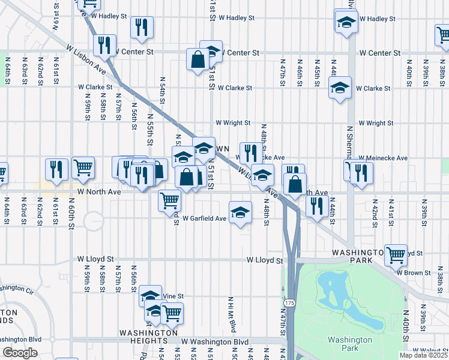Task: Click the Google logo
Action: [20, 353]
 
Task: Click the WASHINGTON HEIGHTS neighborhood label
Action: [148, 337]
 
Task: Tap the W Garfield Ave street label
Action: [205, 218]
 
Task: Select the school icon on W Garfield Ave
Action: [240, 212]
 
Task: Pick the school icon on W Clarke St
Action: [340, 89]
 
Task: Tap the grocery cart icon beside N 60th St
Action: [83, 168]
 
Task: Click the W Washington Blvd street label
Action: [215, 342]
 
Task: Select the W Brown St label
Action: [414, 272]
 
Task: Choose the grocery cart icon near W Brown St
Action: [396, 255]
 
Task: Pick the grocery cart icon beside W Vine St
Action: [172, 313]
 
